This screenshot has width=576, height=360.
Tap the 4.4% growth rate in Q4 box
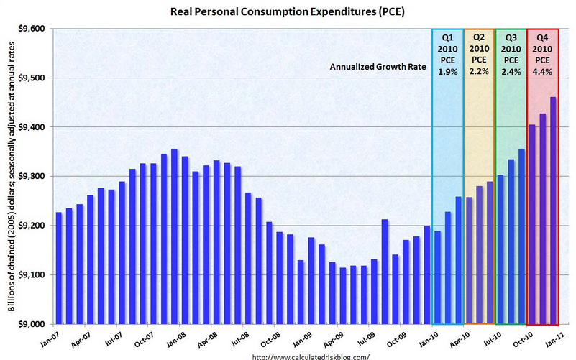pos(542,71)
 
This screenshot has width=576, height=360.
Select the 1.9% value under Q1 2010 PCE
pos(447,71)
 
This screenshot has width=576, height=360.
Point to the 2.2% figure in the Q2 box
pos(479,71)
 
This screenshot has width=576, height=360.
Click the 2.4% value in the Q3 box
pos(511,71)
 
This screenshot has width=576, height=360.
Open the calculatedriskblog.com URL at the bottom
pos(311,355)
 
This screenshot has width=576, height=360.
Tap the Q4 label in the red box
pos(542,36)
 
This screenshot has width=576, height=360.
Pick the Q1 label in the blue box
pos(447,36)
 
